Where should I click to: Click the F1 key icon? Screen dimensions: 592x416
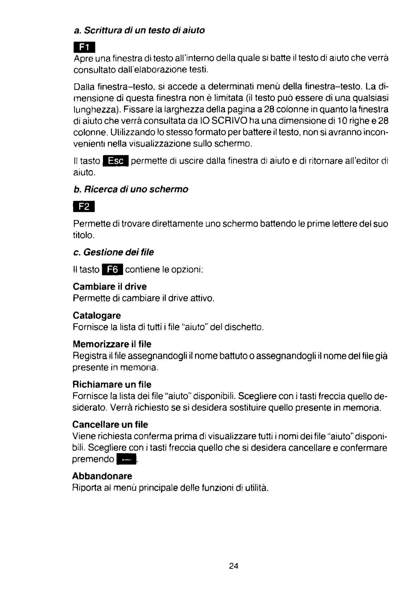[84, 47]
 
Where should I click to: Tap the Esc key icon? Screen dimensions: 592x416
[115, 161]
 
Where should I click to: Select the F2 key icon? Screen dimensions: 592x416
[84, 207]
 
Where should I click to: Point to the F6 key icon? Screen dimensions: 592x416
[112, 270]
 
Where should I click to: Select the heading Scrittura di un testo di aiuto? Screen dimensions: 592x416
[139, 30]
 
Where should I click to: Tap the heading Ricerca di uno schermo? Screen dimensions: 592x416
[131, 189]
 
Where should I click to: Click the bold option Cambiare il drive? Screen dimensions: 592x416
[110, 286]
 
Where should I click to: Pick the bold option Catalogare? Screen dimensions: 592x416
[97, 315]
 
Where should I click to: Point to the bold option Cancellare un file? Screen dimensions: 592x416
[110, 424]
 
